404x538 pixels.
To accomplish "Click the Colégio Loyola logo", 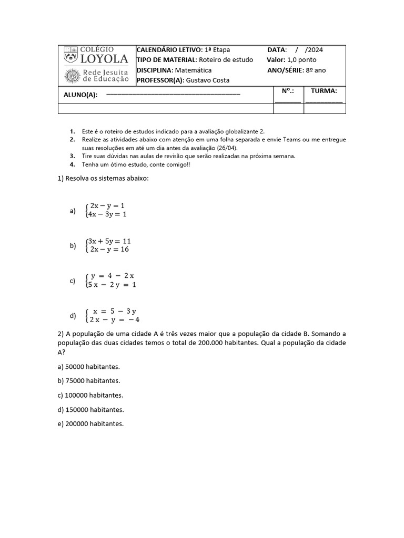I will (x=96, y=55).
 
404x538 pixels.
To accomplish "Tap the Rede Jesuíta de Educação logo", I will (x=96, y=76).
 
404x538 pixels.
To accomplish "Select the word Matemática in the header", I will (x=193, y=70).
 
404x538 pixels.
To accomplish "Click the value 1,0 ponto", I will (x=302, y=60).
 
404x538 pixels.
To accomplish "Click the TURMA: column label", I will (x=324, y=91).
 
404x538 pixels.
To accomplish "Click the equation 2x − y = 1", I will (x=107, y=205).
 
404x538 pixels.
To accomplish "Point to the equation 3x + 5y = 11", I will (x=109, y=241).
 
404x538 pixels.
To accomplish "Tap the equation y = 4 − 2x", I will (x=113, y=276).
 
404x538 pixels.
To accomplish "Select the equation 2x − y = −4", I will (x=114, y=319).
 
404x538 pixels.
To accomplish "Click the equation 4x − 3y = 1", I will (x=107, y=214).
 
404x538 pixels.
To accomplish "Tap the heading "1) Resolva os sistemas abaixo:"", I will (x=103, y=178).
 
